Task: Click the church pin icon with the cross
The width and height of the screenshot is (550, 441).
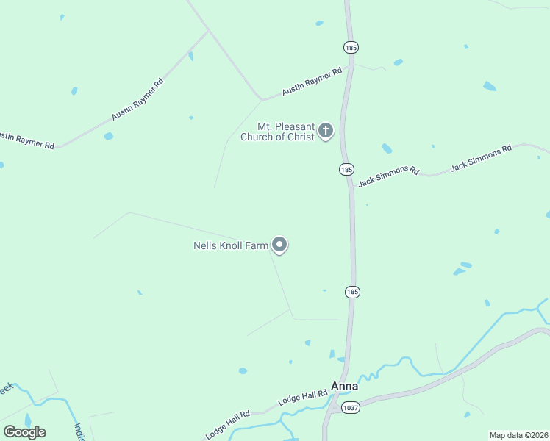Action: click(326, 132)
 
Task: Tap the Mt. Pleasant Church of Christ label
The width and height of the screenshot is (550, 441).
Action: click(286, 132)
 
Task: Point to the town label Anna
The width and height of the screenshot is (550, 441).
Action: click(345, 386)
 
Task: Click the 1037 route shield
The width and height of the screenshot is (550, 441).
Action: click(350, 408)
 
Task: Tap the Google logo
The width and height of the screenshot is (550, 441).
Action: click(24, 431)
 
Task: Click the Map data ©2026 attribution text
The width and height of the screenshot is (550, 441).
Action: click(518, 434)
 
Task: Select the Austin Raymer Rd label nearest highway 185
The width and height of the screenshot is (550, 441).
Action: click(312, 81)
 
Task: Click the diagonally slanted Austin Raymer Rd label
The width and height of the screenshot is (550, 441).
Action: click(137, 99)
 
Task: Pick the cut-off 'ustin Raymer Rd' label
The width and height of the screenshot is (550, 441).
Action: click(26, 140)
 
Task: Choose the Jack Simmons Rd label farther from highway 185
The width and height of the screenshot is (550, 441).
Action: click(480, 158)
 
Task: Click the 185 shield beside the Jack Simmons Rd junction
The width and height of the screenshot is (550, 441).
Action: click(347, 169)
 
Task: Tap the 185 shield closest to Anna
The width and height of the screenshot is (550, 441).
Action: click(352, 292)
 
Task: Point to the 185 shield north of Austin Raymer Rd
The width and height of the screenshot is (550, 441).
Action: click(351, 47)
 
